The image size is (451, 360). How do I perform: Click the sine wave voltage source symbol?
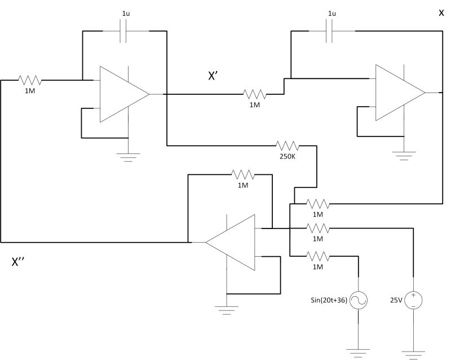[359, 300]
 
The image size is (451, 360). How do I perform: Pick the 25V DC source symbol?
[413, 300]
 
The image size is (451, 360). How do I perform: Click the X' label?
[215, 77]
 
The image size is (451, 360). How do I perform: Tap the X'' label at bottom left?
[21, 262]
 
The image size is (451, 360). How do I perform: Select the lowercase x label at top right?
[441, 13]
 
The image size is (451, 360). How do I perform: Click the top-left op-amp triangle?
[121, 94]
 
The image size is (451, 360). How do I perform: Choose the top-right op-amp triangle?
[397, 93]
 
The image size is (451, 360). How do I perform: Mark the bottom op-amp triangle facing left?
[232, 242]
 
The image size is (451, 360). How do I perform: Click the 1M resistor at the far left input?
[29, 80]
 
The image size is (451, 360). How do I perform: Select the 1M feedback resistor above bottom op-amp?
[243, 174]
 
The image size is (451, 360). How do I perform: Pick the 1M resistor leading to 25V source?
[317, 229]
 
